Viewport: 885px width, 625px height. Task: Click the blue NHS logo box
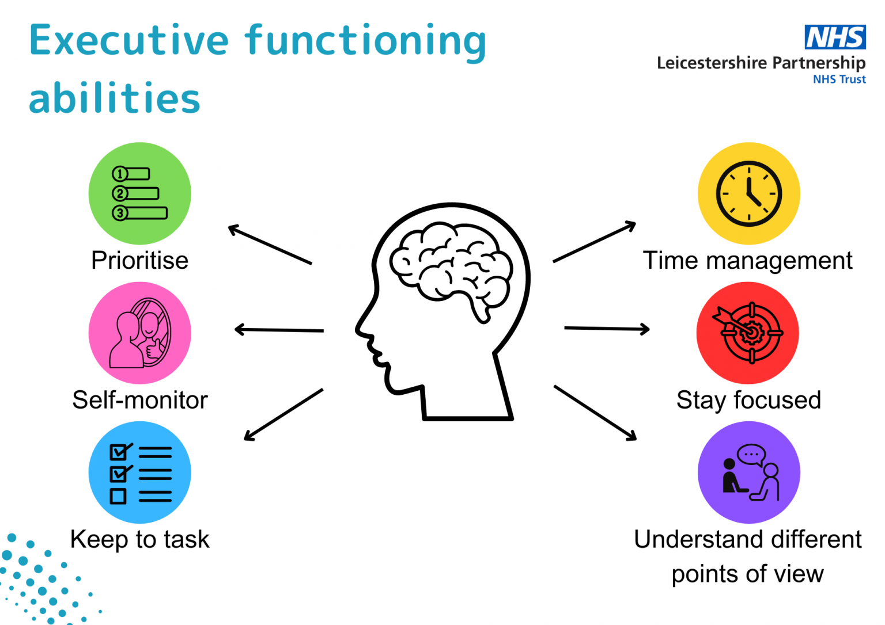click(x=835, y=37)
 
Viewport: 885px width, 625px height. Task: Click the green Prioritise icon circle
click(x=139, y=193)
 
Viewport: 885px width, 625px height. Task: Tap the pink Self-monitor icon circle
click(x=139, y=333)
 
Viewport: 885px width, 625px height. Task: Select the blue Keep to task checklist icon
click(x=139, y=472)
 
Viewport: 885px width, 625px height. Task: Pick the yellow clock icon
click(x=748, y=193)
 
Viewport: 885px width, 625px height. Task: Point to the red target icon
click(x=747, y=333)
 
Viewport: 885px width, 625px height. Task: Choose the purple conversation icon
click(x=748, y=472)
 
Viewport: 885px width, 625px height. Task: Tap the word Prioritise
click(x=139, y=261)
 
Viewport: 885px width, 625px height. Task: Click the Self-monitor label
click(x=139, y=400)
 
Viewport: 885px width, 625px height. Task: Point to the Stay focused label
click(x=748, y=400)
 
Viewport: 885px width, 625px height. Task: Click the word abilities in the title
click(x=114, y=98)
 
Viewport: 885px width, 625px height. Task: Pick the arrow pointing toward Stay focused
click(x=607, y=329)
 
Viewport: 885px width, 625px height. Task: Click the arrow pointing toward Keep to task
click(x=283, y=415)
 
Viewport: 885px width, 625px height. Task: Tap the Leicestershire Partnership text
click(x=761, y=63)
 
